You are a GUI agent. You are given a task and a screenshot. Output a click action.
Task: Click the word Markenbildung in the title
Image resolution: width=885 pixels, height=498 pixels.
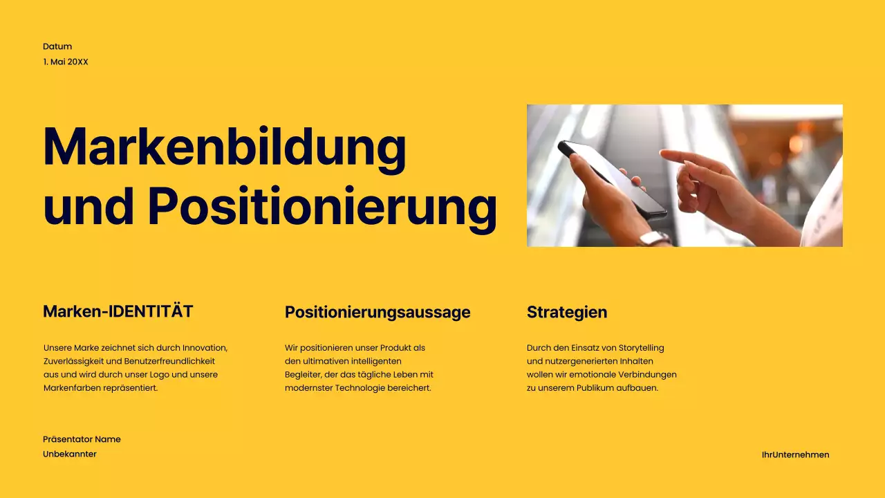225,147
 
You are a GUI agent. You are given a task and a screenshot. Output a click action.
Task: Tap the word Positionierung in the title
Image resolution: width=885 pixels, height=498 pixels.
322,205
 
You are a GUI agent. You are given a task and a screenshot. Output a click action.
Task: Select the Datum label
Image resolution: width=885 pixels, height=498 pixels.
57,46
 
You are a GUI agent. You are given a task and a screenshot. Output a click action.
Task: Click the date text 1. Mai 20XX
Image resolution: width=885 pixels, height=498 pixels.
66,62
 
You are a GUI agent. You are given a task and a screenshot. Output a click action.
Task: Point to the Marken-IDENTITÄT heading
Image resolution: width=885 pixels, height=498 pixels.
118,311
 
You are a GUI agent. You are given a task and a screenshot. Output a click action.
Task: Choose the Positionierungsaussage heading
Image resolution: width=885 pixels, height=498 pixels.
378,312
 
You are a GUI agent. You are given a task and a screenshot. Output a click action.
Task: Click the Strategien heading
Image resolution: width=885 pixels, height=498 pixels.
567,312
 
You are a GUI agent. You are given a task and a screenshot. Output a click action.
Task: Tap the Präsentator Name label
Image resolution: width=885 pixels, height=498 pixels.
82,439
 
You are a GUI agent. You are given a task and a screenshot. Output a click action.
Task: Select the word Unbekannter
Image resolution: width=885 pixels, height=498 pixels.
70,454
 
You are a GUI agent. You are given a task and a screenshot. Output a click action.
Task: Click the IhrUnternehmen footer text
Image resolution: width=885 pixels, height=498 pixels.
795,454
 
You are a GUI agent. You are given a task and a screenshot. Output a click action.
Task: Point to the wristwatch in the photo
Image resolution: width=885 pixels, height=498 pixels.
654,239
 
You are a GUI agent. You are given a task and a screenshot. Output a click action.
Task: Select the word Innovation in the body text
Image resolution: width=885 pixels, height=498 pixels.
205,347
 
